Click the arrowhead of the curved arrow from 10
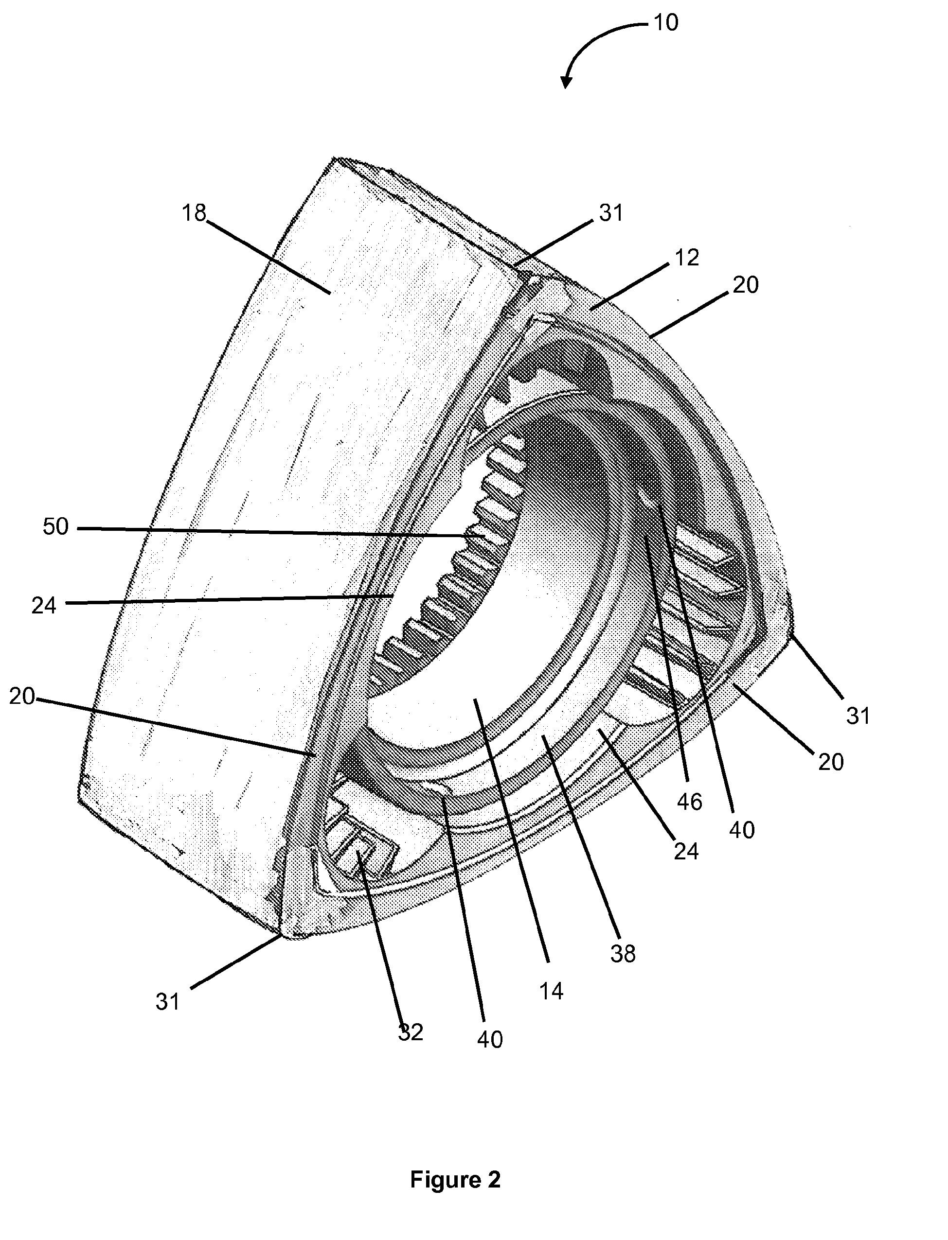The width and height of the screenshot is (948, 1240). tap(566, 82)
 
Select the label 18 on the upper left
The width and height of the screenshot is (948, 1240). tap(194, 213)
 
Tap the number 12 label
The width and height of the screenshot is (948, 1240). tap(686, 258)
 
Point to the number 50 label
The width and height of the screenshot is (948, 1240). tap(55, 527)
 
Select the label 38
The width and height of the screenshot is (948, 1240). tap(623, 954)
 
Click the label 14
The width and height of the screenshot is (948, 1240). tap(551, 991)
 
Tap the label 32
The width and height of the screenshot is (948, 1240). tap(410, 1032)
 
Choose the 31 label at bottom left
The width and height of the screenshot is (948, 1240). tap(168, 1002)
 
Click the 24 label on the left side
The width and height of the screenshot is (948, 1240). tap(43, 606)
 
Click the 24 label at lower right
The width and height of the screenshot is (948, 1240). tap(686, 851)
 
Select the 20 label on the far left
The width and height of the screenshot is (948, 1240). tap(21, 697)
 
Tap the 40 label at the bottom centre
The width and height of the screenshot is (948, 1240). tap(489, 1039)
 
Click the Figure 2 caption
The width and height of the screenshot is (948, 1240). tap(455, 1179)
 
